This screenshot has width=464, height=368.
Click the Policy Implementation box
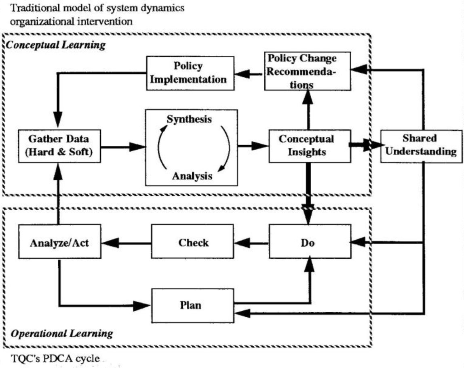[x=188, y=72]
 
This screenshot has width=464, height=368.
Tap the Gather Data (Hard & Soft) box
[x=59, y=146]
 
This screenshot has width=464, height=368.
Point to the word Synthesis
[x=190, y=120]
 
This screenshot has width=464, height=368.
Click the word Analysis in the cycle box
[x=192, y=176]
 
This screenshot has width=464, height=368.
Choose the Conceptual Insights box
[x=306, y=146]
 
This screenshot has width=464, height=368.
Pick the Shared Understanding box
[x=419, y=145]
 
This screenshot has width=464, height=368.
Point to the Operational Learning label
[x=61, y=334]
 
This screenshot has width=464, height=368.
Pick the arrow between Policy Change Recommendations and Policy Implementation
[x=249, y=73]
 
